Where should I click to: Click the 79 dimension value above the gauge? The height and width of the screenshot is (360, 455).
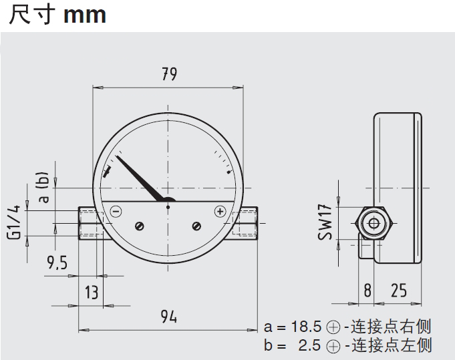point(169,74)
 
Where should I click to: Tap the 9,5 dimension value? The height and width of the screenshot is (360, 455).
point(57,263)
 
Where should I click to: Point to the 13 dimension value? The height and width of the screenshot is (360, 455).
point(91,292)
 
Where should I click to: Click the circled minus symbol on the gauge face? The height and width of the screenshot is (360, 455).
point(116,212)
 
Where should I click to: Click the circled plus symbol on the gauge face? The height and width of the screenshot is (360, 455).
point(220,212)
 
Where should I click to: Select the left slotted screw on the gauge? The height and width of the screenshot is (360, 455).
point(140,226)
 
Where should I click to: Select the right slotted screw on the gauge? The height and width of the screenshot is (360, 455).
point(196,226)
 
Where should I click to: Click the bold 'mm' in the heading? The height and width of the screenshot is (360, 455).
point(84,15)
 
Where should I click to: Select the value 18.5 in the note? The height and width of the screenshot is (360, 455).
point(306,327)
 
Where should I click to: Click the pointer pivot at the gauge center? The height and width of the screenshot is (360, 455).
point(168,207)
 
